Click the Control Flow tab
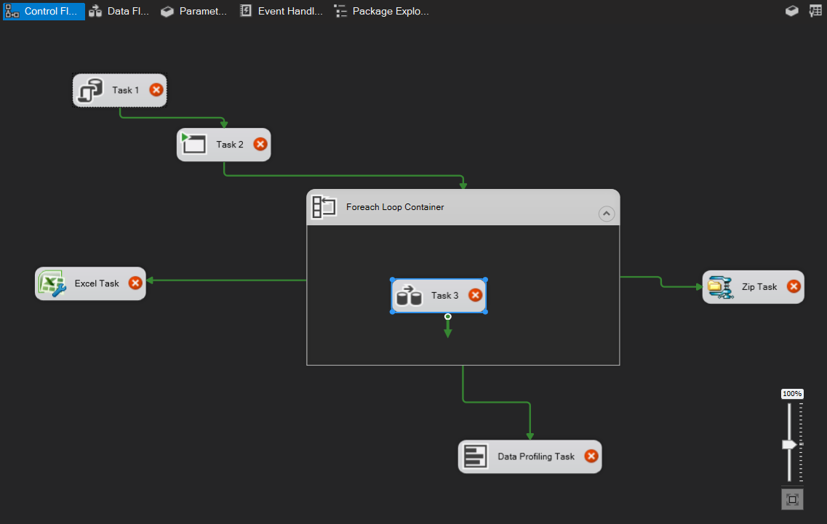tap(44, 12)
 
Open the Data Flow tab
tap(119, 12)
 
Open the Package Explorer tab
tap(381, 12)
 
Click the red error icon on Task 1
tap(156, 90)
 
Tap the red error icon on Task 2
tap(260, 145)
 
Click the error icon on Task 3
tap(475, 295)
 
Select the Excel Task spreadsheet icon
tap(52, 283)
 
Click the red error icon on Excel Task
tap(135, 283)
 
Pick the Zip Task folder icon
tap(720, 287)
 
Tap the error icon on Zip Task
tap(794, 287)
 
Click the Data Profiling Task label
tap(536, 457)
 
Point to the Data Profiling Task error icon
tap(591, 456)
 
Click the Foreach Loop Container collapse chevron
tap(606, 214)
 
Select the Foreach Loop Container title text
tap(395, 207)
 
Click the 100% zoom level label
tap(792, 394)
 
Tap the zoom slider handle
tap(789, 444)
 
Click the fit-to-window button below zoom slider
tap(792, 500)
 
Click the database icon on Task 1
tap(90, 91)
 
